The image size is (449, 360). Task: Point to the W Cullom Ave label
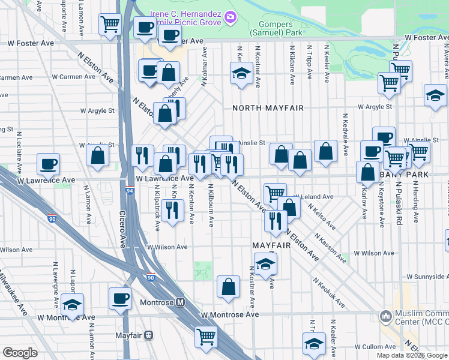tap(373, 347)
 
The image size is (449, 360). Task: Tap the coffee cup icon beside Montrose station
tap(119, 298)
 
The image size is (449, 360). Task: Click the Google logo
tap(20, 353)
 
